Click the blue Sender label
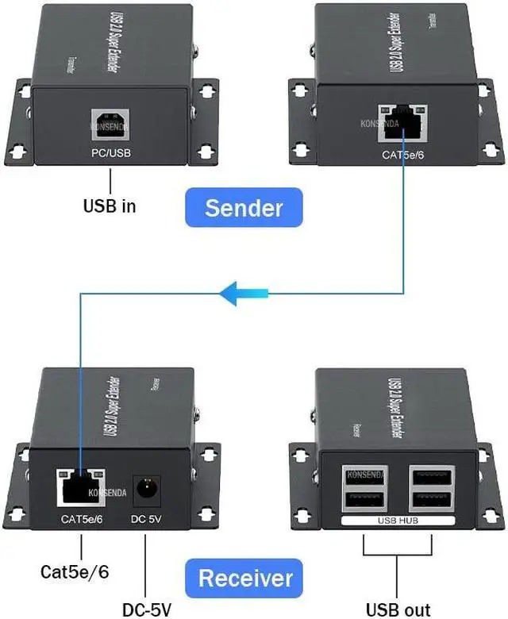tap(243, 208)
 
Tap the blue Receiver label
tap(244, 577)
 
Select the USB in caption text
tap(110, 207)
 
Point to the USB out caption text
tap(398, 609)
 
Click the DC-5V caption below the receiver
tap(147, 609)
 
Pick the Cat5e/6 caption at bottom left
tap(75, 571)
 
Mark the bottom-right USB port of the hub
tap(429, 499)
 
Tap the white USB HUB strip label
tap(397, 521)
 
